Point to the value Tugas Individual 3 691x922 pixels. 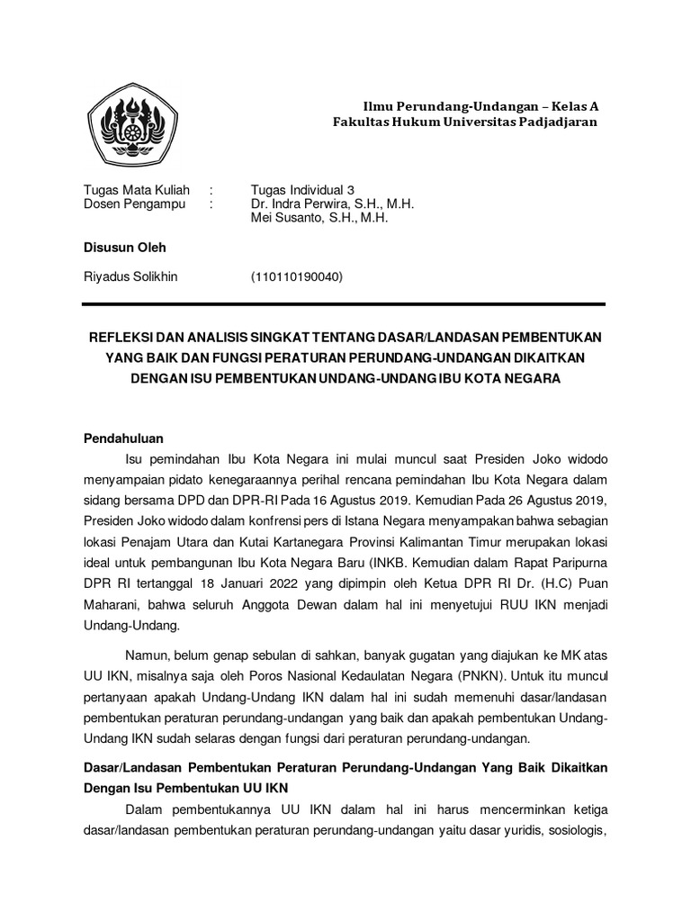[303, 190]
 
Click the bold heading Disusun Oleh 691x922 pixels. [124, 248]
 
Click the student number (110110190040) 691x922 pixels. [297, 276]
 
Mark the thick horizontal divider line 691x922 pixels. [345, 304]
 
